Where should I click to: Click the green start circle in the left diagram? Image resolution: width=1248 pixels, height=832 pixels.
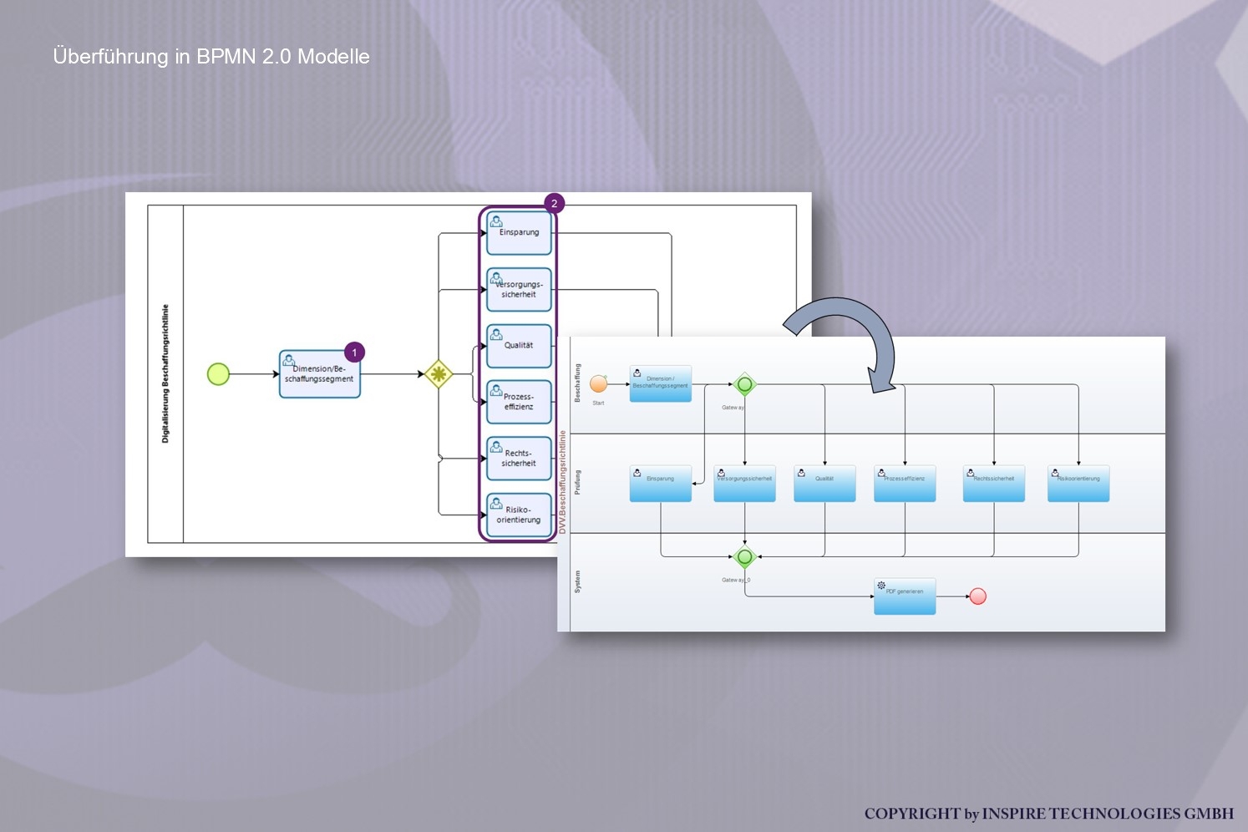tap(218, 374)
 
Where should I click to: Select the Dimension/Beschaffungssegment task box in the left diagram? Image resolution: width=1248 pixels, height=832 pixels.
tap(319, 374)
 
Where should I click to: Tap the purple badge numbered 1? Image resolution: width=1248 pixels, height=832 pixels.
tap(354, 353)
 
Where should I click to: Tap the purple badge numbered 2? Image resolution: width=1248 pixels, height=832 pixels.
tap(554, 203)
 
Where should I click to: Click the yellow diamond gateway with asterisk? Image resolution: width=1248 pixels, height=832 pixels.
tap(439, 373)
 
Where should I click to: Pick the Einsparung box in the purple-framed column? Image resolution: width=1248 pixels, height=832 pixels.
tap(519, 233)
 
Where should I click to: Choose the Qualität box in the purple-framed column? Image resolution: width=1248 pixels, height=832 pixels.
tap(519, 346)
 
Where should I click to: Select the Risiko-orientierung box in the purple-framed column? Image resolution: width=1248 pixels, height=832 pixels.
tap(519, 515)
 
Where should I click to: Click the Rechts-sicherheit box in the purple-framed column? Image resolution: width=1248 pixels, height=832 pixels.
tap(519, 459)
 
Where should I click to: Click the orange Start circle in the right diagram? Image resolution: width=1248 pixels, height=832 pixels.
tap(599, 383)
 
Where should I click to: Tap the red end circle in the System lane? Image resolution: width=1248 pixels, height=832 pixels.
tap(978, 596)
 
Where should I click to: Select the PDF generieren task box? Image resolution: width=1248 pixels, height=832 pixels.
tap(905, 596)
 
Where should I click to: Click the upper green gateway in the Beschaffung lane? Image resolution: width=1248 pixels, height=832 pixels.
tap(744, 384)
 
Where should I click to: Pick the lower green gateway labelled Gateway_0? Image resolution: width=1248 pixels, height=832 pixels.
tap(744, 556)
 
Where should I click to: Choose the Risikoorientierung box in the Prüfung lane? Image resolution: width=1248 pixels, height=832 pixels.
tap(1078, 484)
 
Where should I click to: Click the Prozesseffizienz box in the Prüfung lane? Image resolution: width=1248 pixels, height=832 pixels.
tap(905, 484)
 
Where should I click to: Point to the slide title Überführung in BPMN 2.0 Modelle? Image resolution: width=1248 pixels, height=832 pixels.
tap(211, 57)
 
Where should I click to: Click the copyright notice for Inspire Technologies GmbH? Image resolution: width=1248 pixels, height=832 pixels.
tap(1048, 814)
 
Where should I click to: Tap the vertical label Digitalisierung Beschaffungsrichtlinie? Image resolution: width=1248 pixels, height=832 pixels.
tap(165, 373)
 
